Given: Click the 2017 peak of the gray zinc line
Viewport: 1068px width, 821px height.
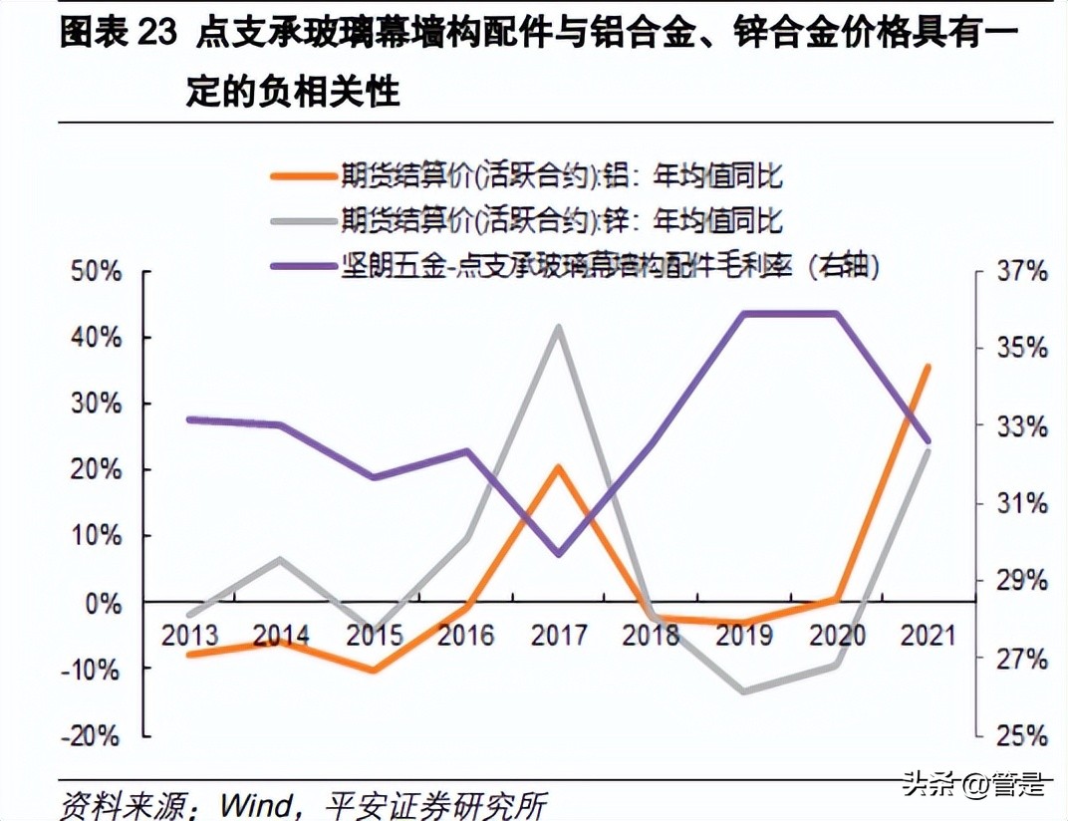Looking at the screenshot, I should coord(560,327).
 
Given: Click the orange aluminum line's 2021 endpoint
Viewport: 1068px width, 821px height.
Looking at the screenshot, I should coord(928,367).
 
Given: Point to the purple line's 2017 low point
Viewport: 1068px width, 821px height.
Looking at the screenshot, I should coord(559,554).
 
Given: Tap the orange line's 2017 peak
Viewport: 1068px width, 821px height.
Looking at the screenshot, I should coord(560,466).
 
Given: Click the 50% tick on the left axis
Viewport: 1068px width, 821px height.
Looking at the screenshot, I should coord(97,272).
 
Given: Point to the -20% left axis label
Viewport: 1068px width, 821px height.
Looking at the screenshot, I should coord(93,736).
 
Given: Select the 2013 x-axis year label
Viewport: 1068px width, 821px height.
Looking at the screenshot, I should coord(189,635).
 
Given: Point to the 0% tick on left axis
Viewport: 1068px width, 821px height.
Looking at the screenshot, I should coord(104,603).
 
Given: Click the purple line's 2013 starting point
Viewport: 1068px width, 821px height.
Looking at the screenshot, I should coord(189,419).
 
